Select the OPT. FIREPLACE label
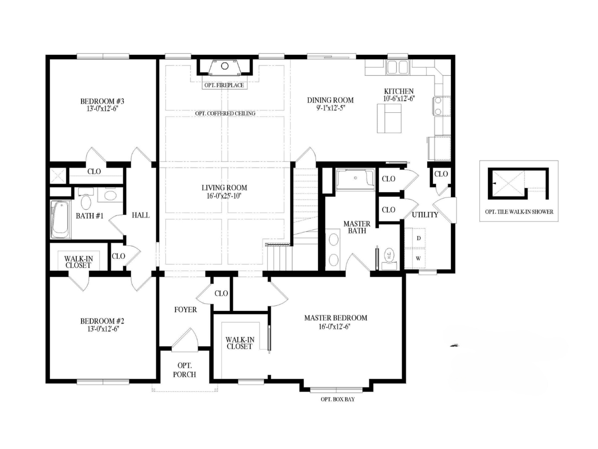pos(224,85)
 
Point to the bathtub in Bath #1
pos(61,220)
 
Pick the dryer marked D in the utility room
pos(418,238)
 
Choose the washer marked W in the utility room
pos(418,258)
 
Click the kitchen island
pos(389,118)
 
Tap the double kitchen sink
pos(397,67)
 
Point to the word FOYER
pos(185,310)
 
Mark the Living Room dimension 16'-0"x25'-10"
pos(224,196)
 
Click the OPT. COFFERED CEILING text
pos(225,113)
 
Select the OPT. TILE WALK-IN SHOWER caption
pos(519,212)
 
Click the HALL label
pos(141,215)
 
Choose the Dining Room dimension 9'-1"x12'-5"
pos(330,107)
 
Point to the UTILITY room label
pos(425,215)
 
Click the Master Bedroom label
pos(336,318)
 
